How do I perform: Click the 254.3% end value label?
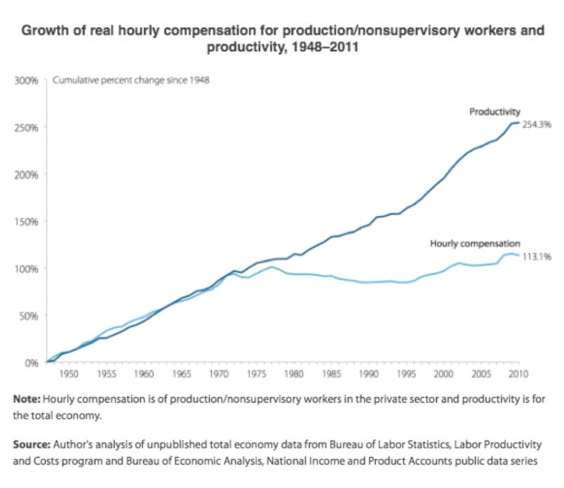(537, 125)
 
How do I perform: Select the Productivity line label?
(495, 111)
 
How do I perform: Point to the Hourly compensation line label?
(475, 244)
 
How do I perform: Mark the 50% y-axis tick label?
(29, 316)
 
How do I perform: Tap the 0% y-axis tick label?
(31, 363)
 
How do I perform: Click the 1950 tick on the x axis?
(68, 375)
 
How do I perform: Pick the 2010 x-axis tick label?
(519, 375)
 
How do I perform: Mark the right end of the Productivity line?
(519, 123)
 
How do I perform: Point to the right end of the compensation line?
(519, 255)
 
